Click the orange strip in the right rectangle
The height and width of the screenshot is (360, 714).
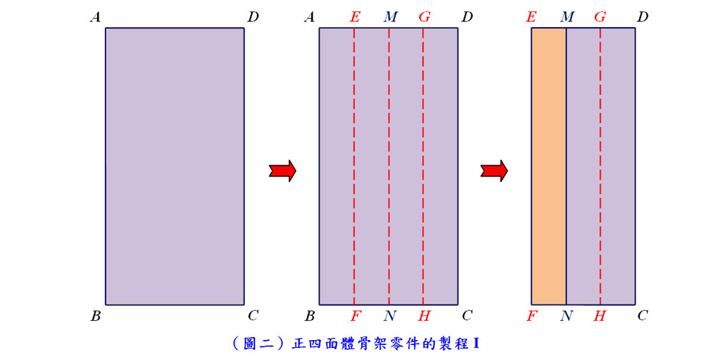pyautogui.click(x=548, y=166)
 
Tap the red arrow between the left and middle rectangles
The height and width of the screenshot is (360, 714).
pyautogui.click(x=283, y=171)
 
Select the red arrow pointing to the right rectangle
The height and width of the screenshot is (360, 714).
pyautogui.click(x=494, y=171)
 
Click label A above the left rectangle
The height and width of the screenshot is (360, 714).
pyautogui.click(x=95, y=17)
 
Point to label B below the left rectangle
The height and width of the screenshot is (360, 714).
pyautogui.click(x=96, y=316)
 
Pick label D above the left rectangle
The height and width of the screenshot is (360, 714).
pyautogui.click(x=253, y=17)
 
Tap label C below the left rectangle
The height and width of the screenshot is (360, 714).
pyautogui.click(x=253, y=315)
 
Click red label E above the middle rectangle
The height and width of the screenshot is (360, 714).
pyautogui.click(x=355, y=17)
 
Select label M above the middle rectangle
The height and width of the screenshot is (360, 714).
pyautogui.click(x=391, y=17)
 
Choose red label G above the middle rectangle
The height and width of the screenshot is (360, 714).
pyautogui.click(x=424, y=17)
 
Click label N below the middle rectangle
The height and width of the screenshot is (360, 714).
pyautogui.click(x=390, y=316)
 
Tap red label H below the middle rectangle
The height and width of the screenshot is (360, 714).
pyautogui.click(x=424, y=316)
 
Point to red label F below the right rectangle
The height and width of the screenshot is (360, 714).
pyautogui.click(x=531, y=316)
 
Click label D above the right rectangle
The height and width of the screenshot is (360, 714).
pyautogui.click(x=642, y=17)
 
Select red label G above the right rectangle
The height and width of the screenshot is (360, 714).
pyautogui.click(x=600, y=17)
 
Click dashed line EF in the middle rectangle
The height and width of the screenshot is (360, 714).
pyautogui.click(x=354, y=166)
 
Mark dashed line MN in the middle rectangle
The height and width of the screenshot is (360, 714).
pyautogui.click(x=389, y=166)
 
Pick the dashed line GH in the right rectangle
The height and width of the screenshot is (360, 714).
pyautogui.click(x=600, y=166)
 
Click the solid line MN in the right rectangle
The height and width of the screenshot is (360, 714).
pyautogui.click(x=566, y=166)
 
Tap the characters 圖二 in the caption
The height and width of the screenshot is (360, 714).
pyautogui.click(x=258, y=343)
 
